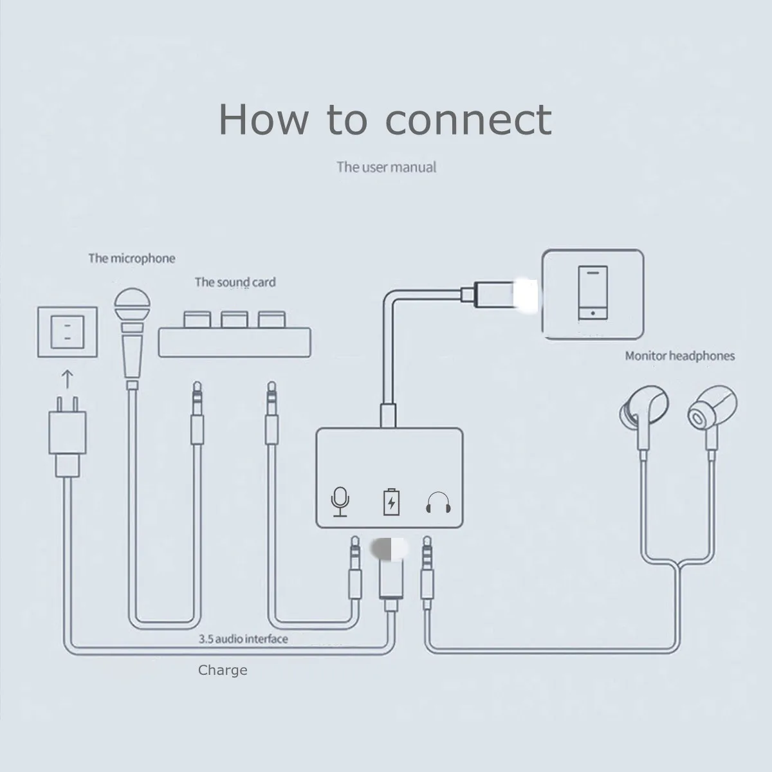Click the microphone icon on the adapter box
(x=340, y=501)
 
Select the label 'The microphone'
(x=131, y=259)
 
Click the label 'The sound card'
(x=235, y=282)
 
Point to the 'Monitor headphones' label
(x=679, y=356)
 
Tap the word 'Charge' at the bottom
(x=223, y=670)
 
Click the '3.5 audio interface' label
(x=243, y=639)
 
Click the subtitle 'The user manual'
(x=386, y=167)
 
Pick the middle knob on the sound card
(x=235, y=318)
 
